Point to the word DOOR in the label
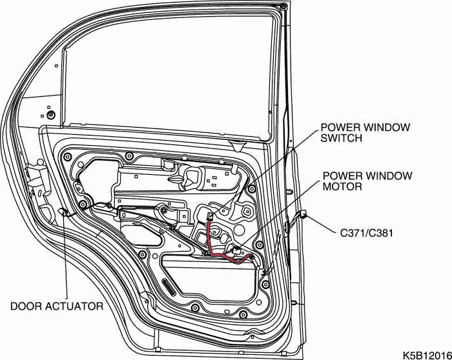tap(24, 306)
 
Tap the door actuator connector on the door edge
tap(64, 212)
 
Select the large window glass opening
tap(168, 71)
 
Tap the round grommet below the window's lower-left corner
tap(51, 115)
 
